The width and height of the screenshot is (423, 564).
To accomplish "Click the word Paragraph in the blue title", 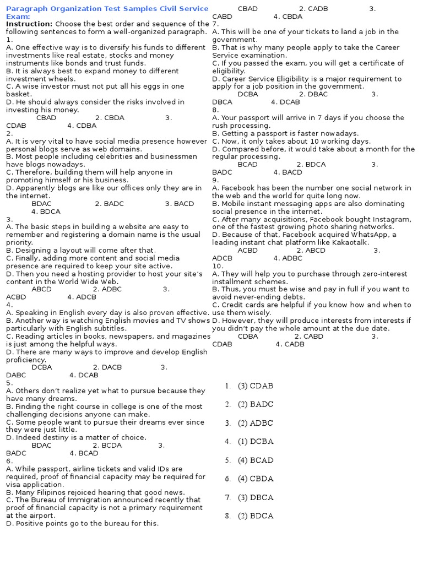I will click(x=25, y=9).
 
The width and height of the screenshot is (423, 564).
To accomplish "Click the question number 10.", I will click(x=217, y=266).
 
